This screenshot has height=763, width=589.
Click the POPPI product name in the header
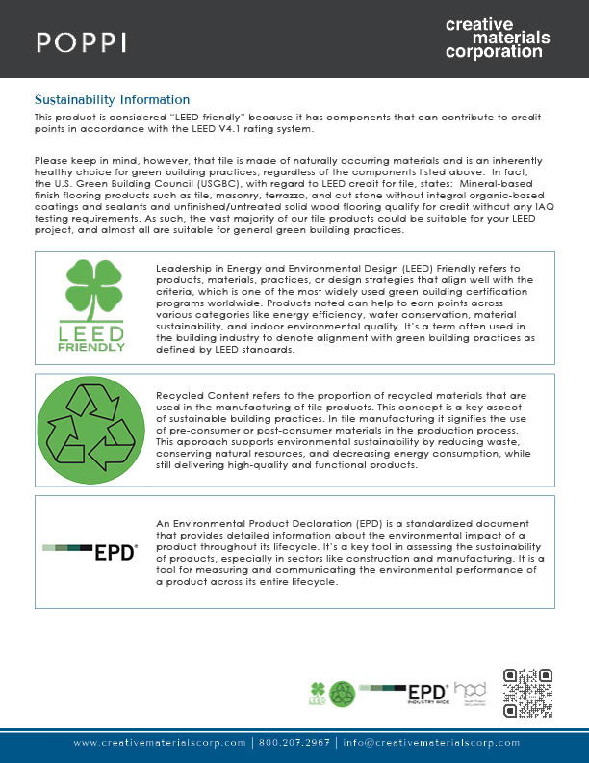(x=81, y=41)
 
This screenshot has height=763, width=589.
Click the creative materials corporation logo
(x=498, y=38)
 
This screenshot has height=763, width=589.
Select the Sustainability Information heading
(x=112, y=100)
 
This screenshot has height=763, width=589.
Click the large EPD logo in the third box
(x=92, y=553)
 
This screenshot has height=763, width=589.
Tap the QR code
(x=527, y=693)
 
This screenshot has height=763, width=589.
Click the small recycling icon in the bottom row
(x=344, y=694)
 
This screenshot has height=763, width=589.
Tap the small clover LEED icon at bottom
(x=319, y=694)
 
